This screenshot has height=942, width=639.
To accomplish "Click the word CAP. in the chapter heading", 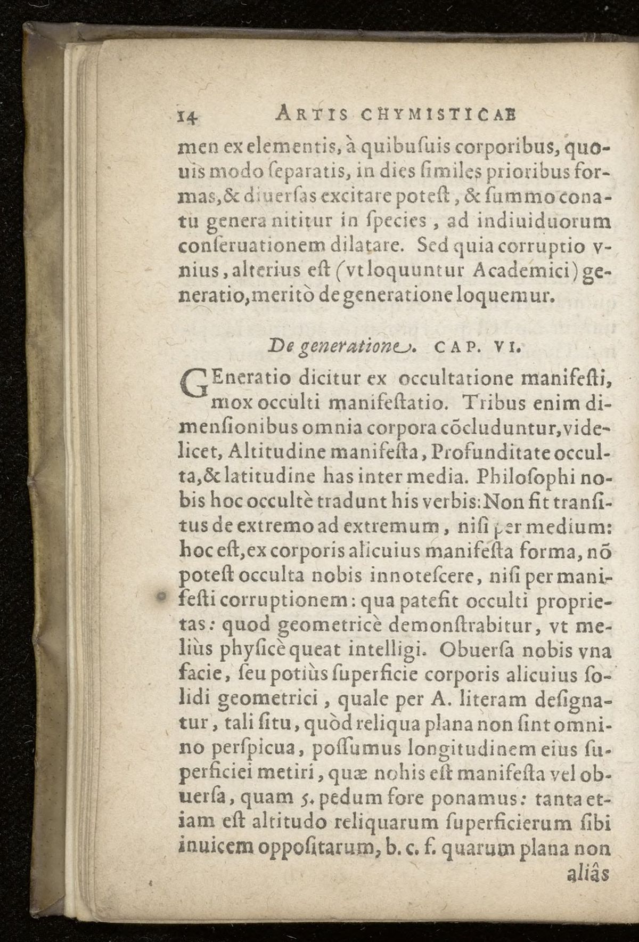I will click(x=454, y=349).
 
